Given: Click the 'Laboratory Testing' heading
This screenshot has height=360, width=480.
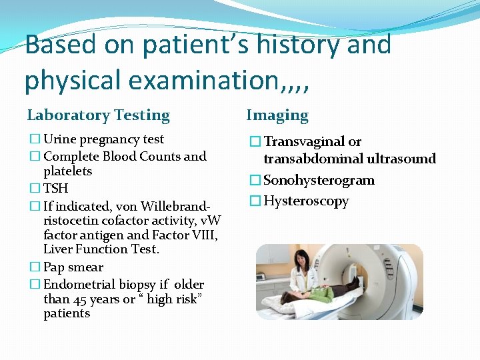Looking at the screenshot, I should click(98, 115).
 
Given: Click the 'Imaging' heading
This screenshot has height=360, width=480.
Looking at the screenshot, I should click(277, 115).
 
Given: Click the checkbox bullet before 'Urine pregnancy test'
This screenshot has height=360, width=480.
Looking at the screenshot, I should click(34, 140).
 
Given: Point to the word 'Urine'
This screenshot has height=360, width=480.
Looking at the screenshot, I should click(59, 139).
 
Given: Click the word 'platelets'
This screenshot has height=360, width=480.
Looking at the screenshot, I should click(68, 171).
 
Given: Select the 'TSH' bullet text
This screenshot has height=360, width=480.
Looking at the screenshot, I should click(56, 189).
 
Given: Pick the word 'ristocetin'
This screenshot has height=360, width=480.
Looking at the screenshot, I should click(71, 221).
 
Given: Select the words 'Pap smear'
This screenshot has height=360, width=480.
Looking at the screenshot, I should click(73, 267).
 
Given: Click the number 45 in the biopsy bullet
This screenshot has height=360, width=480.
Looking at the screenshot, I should click(80, 299).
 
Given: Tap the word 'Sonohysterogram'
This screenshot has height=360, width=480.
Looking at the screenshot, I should click(319, 180).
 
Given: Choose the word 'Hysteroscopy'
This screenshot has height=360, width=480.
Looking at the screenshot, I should click(306, 201).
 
